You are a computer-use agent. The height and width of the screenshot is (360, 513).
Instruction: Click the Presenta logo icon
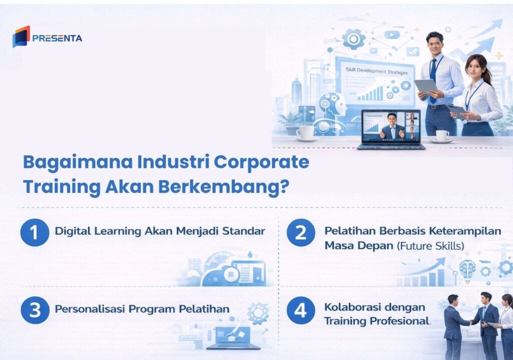click(x=21, y=37)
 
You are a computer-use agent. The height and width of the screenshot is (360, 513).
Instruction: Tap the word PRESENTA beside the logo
click(x=57, y=38)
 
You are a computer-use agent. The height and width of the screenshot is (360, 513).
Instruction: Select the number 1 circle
click(x=35, y=232)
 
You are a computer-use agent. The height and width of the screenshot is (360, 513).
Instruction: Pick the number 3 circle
click(x=35, y=309)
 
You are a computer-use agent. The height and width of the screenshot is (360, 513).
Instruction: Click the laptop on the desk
click(x=391, y=129)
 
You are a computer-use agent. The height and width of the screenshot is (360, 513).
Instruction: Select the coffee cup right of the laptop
click(x=442, y=135)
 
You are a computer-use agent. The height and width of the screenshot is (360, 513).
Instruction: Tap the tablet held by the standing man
click(x=425, y=86)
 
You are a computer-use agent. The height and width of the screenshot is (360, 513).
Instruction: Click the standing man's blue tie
click(x=433, y=75)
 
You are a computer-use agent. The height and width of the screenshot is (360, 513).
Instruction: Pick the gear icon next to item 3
click(x=258, y=313)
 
